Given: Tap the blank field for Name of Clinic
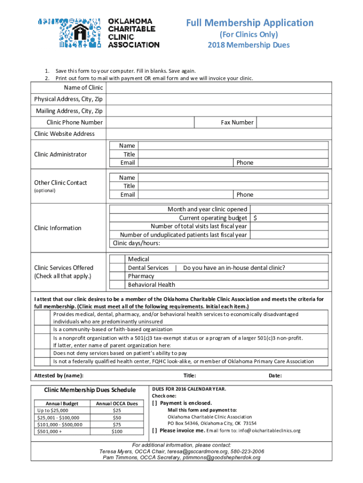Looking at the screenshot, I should click(217, 88).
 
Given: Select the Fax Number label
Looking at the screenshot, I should click(237, 123).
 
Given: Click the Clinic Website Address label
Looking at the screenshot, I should click(65, 134).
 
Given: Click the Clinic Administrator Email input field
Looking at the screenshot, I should click(186, 163).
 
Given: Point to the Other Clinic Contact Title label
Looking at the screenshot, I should click(129, 186).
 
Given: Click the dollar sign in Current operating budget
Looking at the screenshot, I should click(256, 218).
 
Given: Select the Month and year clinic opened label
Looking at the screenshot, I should click(207, 209).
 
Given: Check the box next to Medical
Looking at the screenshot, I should click(117, 259).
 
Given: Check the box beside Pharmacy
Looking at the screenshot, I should click(117, 276).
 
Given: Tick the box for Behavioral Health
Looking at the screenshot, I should click(117, 284).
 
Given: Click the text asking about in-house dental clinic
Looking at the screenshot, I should click(234, 267).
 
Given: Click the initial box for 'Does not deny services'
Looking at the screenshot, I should click(43, 353).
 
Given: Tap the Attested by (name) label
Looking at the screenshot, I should click(59, 376).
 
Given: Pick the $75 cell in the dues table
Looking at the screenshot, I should click(117, 425).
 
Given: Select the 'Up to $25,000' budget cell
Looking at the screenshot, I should click(52, 411).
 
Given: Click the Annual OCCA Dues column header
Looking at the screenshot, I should click(117, 404).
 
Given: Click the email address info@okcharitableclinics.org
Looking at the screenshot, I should click(263, 431).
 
